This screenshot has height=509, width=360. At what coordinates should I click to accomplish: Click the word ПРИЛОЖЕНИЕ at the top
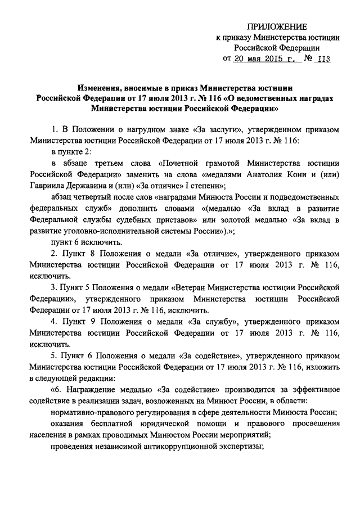coord(278,27)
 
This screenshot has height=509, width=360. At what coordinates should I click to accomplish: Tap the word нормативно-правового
coord(93,412)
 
